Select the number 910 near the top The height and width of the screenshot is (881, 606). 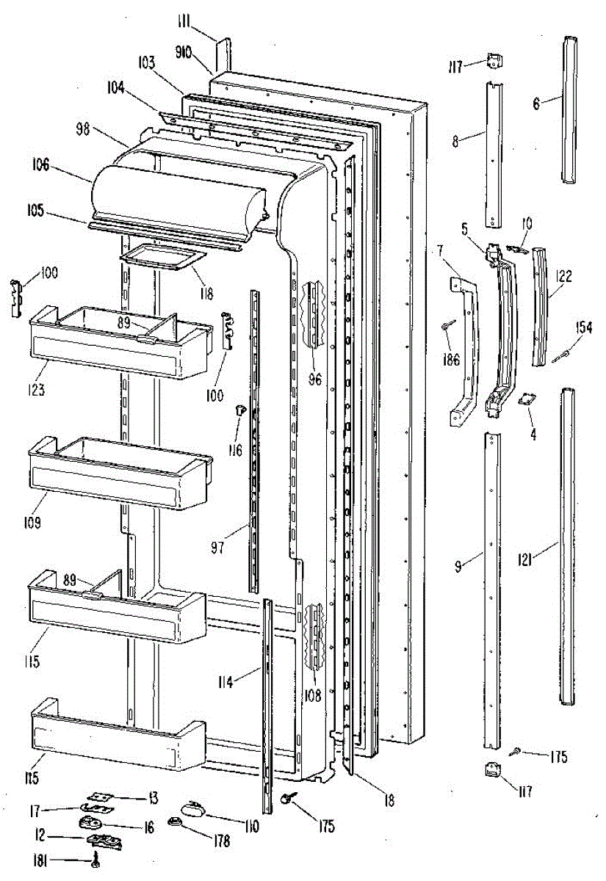coord(184,52)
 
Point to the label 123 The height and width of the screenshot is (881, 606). coord(38,390)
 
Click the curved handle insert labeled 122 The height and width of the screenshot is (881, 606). coord(541,305)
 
